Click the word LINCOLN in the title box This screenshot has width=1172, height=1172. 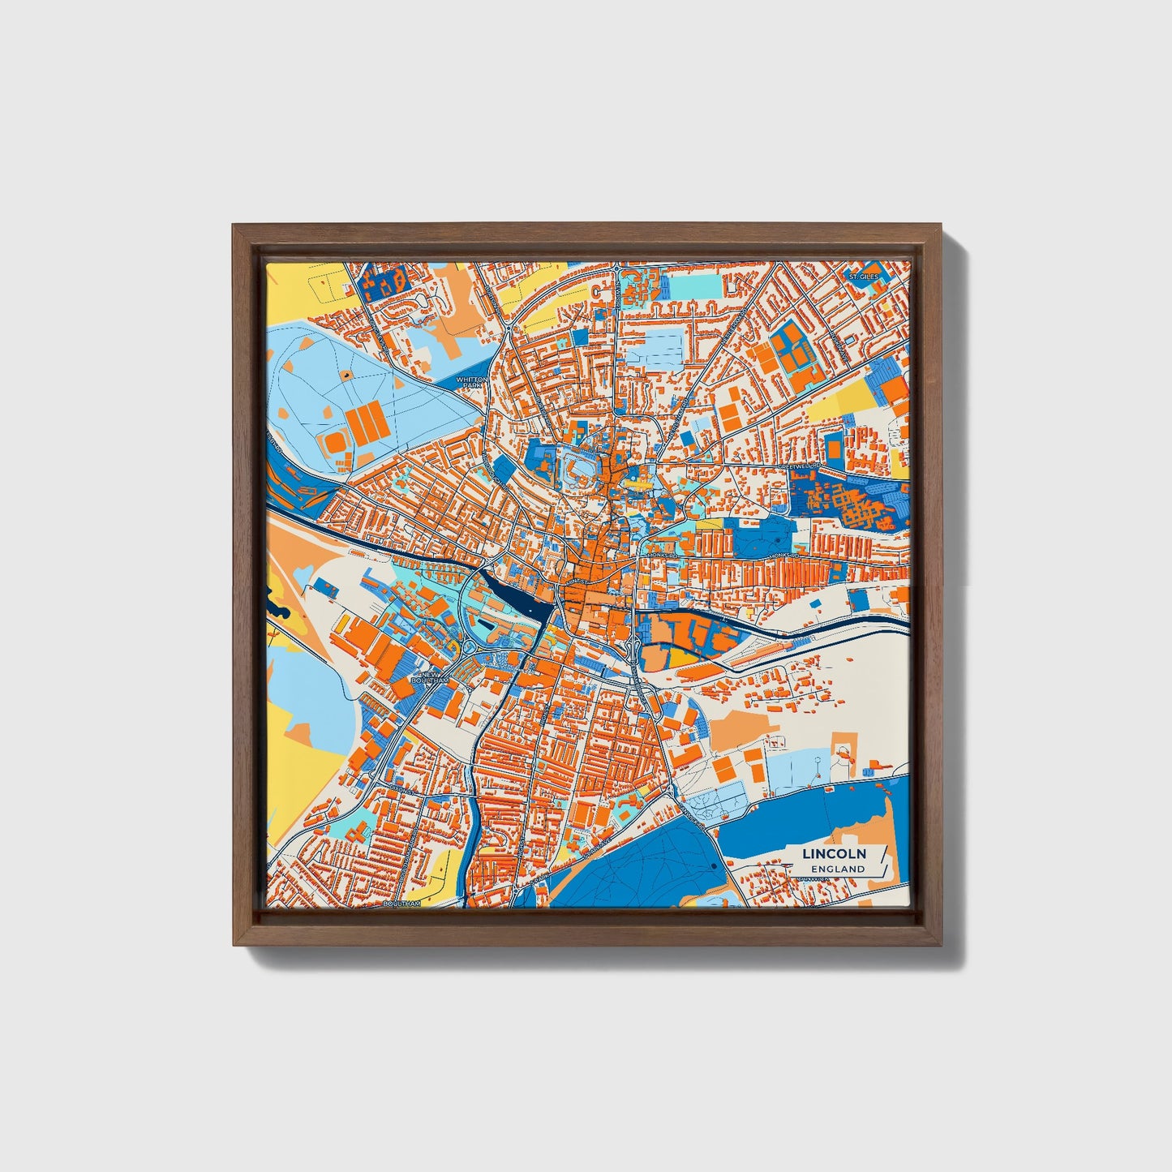click(x=834, y=853)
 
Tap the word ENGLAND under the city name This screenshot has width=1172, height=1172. click(x=838, y=869)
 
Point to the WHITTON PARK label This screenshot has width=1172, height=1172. click(x=472, y=381)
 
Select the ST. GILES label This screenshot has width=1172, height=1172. click(x=864, y=277)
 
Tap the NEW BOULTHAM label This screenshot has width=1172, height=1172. click(x=429, y=677)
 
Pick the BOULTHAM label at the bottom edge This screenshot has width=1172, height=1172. click(x=401, y=903)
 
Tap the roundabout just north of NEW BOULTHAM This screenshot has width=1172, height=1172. click(x=469, y=646)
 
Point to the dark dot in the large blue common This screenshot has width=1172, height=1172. click(x=712, y=867)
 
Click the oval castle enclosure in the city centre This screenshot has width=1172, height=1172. click(x=578, y=470)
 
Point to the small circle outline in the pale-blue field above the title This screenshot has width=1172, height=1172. click(x=820, y=760)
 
